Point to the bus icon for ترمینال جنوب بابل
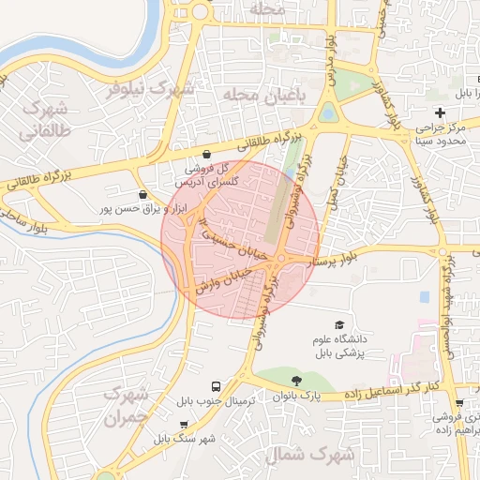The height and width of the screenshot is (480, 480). [217, 386]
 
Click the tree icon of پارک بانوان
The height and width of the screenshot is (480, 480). [297, 382]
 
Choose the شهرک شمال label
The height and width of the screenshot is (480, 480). [307, 455]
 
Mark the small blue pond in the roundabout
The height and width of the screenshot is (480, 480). [327, 113]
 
